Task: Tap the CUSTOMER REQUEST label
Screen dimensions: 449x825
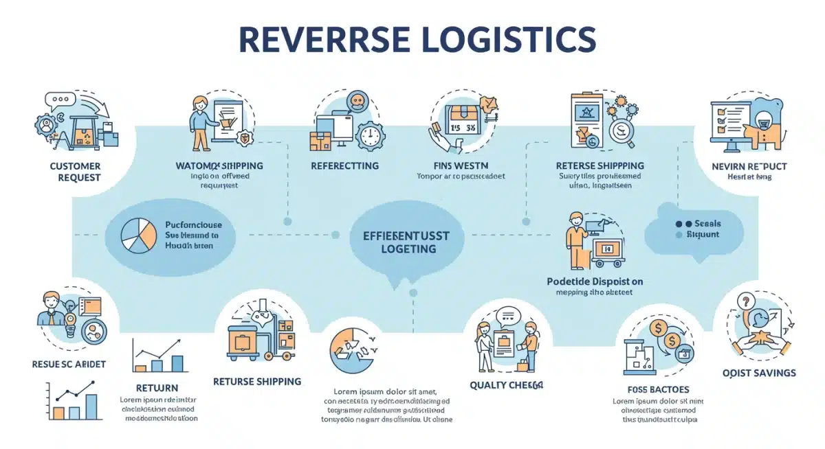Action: click(75, 172)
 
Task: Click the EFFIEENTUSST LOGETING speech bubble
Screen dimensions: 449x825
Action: click(405, 242)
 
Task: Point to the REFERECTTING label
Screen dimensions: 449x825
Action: click(344, 166)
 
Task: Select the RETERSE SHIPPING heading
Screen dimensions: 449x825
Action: click(599, 165)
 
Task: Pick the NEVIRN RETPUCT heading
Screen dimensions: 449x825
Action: click(749, 166)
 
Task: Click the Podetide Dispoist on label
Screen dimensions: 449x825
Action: click(595, 281)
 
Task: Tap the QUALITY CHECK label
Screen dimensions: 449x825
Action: click(507, 385)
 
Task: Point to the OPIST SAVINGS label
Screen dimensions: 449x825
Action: click(759, 373)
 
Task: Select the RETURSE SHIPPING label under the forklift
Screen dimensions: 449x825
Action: click(257, 381)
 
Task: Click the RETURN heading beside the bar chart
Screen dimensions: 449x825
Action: click(157, 388)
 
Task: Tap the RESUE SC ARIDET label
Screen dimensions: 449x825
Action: click(69, 364)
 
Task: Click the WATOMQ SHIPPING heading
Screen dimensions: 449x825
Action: click(219, 166)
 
